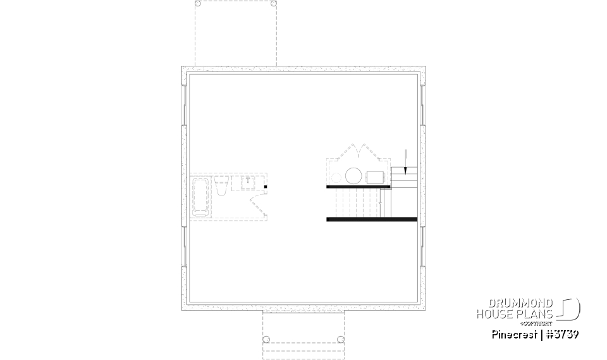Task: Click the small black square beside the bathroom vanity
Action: pyautogui.click(x=266, y=187)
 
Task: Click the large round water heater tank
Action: pyautogui.click(x=353, y=175)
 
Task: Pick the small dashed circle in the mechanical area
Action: pyautogui.click(x=336, y=175)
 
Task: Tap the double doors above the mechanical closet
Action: pyautogui.click(x=358, y=152)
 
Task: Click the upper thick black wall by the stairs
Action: pyautogui.click(x=359, y=187)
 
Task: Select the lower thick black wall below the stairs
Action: pyautogui.click(x=372, y=219)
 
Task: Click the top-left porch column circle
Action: pyautogui.click(x=198, y=4)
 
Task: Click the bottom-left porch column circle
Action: pyautogui.click(x=266, y=340)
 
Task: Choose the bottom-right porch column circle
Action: pyautogui.click(x=341, y=340)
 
